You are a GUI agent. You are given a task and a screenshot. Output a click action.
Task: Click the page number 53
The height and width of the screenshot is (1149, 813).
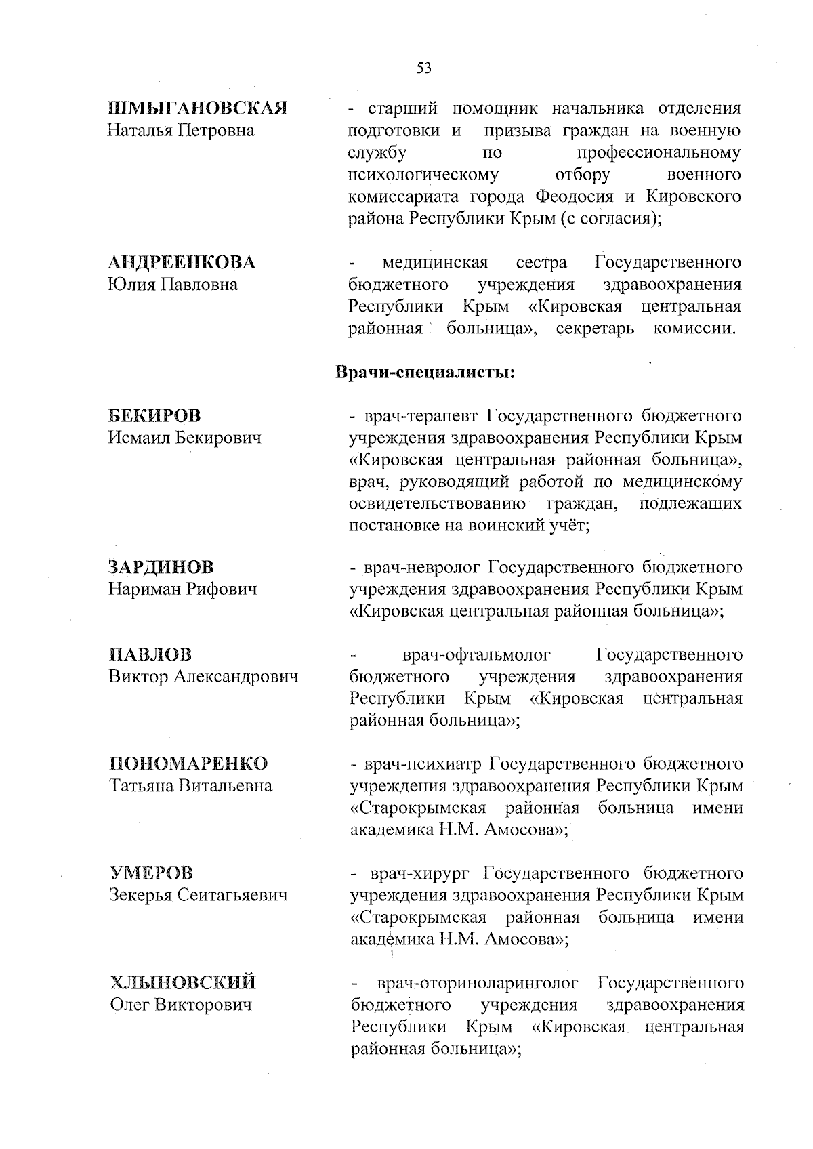(x=423, y=67)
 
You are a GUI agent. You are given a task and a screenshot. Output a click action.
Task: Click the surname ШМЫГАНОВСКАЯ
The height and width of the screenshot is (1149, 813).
(x=199, y=108)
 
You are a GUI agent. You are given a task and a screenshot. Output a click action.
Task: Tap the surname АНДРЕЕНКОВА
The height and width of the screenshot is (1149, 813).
(x=182, y=262)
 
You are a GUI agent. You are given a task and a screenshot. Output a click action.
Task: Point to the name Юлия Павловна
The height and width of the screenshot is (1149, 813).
(x=173, y=284)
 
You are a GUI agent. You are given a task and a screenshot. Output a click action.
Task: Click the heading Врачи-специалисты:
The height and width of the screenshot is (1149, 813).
(x=425, y=373)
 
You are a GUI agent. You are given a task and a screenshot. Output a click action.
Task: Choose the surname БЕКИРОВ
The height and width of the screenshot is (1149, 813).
(x=154, y=415)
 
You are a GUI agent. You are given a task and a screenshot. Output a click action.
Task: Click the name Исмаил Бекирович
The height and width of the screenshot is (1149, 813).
(x=185, y=438)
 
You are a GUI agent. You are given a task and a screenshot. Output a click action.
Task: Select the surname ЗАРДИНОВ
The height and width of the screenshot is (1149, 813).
(x=161, y=566)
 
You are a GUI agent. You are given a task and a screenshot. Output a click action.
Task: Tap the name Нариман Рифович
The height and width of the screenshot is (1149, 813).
(x=183, y=589)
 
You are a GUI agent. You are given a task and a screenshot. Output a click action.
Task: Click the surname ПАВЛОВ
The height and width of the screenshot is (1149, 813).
(x=150, y=654)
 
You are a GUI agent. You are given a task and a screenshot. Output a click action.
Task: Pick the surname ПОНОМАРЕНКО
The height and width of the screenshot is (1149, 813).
(x=189, y=764)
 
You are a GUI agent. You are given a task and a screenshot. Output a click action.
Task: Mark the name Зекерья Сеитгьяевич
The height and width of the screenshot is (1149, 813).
(x=199, y=895)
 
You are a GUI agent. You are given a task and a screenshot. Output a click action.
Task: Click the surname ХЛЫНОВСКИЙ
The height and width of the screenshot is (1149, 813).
(x=183, y=982)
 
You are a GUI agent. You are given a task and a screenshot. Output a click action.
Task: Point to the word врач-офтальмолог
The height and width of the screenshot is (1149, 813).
(x=476, y=655)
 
